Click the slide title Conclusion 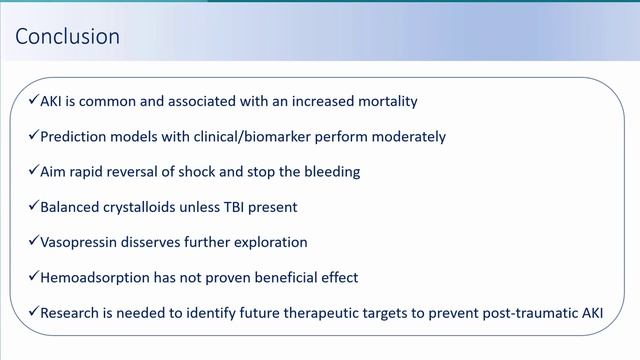pyautogui.click(x=68, y=37)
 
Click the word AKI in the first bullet pyautogui.click(x=54, y=100)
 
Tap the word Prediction pyautogui.click(x=76, y=135)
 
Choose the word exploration pyautogui.click(x=286, y=242)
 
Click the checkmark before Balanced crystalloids pyautogui.click(x=34, y=206)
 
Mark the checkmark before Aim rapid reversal pyautogui.click(x=34, y=171)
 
